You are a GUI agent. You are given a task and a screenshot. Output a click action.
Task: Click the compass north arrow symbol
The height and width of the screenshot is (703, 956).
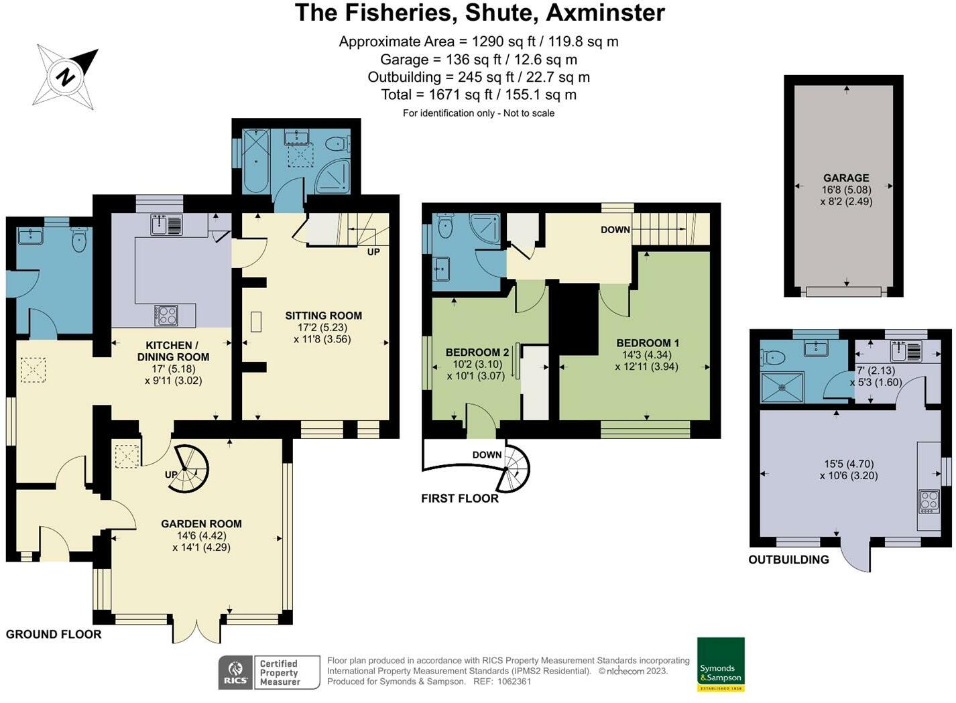65,77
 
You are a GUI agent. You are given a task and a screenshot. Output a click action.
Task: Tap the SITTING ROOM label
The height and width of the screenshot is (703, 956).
324,316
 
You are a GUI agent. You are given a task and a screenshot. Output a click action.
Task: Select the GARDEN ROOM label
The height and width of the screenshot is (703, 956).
201,524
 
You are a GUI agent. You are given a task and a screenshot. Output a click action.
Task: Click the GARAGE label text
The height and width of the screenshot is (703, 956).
846,178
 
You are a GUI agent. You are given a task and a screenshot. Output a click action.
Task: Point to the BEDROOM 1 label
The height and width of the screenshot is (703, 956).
648,343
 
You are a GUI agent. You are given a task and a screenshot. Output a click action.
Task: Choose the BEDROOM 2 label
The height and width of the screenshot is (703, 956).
477,353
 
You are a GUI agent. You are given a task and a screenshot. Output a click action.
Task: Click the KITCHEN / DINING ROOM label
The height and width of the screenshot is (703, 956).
173,351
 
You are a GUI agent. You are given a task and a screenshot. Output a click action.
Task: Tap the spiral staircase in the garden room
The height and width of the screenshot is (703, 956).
187,468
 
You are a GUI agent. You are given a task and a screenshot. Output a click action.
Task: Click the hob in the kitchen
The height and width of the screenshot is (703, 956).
166,316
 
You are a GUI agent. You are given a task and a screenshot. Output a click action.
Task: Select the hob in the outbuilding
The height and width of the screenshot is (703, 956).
929,502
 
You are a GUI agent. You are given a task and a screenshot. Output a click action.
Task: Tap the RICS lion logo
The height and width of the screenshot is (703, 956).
235,672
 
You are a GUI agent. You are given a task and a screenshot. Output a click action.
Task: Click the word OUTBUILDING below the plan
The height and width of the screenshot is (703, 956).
788,559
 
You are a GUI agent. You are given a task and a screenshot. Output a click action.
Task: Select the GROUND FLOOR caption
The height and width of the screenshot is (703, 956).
54,635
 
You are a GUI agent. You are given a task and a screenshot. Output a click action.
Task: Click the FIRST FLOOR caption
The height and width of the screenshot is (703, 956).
460,498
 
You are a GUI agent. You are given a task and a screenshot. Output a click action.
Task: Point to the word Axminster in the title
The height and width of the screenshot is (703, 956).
605,12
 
